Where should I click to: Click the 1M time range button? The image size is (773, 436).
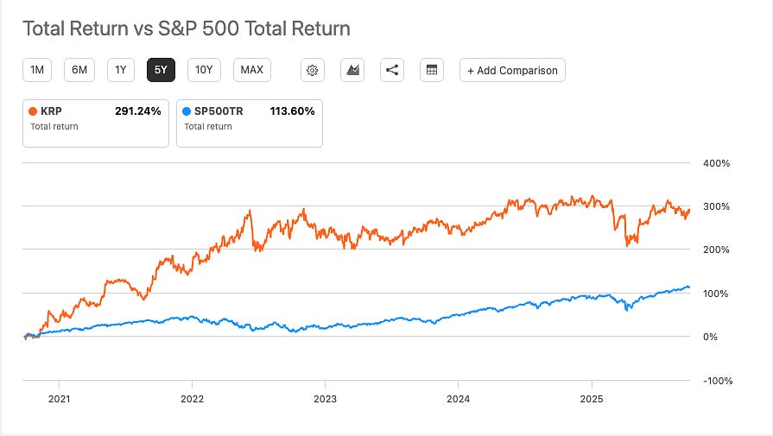click(x=37, y=70)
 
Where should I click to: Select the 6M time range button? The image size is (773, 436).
click(x=79, y=70)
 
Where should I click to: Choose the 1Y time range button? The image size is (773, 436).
click(x=121, y=70)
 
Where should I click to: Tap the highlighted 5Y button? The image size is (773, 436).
click(x=162, y=70)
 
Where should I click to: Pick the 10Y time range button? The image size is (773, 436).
click(x=205, y=70)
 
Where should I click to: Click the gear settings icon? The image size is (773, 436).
click(x=313, y=70)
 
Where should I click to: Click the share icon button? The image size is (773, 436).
click(x=392, y=70)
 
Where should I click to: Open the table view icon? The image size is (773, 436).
click(x=432, y=70)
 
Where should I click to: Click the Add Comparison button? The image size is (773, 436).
click(x=513, y=70)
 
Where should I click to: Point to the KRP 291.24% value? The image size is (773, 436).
click(x=137, y=111)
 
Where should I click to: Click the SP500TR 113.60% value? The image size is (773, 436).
click(x=291, y=111)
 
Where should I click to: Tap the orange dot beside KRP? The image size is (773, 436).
click(x=33, y=111)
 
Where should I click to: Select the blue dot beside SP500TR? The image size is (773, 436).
click(x=187, y=111)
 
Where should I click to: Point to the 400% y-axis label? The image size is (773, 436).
click(x=717, y=163)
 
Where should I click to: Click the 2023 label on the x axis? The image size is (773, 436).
click(x=325, y=399)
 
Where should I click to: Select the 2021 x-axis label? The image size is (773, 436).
click(x=59, y=399)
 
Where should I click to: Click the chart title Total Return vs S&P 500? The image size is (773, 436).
click(x=186, y=28)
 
